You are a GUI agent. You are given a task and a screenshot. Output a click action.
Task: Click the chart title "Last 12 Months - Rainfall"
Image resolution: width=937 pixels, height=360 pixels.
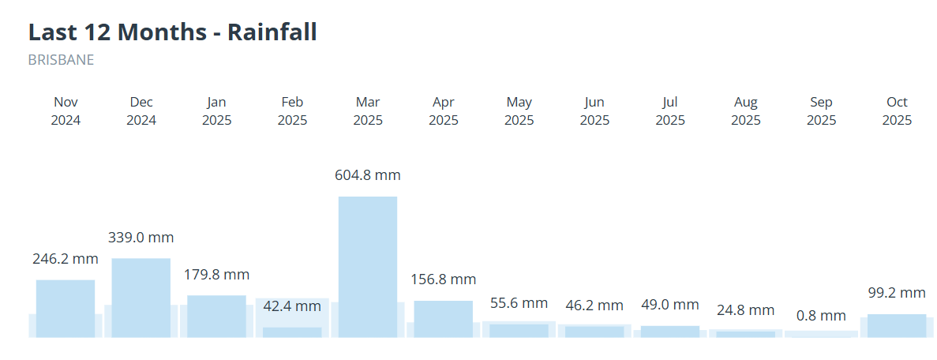172,32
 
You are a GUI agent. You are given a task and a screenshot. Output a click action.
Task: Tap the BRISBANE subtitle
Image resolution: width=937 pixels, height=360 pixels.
61,60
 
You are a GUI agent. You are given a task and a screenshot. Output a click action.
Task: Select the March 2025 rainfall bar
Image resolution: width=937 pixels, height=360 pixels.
368,266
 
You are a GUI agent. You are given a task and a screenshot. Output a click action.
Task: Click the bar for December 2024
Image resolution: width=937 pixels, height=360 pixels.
141,297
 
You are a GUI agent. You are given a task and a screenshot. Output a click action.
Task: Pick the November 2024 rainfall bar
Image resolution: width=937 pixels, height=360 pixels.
66,308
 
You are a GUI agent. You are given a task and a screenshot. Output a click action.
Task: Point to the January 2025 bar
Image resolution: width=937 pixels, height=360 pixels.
216,316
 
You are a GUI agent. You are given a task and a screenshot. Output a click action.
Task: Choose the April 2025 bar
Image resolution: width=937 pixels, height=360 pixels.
444,318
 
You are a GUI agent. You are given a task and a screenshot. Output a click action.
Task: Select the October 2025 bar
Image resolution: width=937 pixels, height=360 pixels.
897,325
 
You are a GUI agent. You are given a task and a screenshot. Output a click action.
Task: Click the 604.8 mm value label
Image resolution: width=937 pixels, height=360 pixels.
368,175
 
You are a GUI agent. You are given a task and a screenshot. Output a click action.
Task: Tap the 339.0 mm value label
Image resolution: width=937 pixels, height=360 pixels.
141,238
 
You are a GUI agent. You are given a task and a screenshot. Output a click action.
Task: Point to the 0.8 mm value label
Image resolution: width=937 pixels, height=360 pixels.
821,316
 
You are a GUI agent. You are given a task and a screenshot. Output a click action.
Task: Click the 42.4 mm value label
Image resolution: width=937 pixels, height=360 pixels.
292,306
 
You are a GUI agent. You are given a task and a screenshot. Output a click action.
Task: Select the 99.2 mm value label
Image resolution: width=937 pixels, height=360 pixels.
897,293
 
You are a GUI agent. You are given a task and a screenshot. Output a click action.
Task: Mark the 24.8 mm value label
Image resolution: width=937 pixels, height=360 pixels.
746,310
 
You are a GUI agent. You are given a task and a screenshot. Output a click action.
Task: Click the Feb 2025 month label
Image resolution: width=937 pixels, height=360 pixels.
292,111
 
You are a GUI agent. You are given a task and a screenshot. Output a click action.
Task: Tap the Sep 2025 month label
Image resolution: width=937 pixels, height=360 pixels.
821,111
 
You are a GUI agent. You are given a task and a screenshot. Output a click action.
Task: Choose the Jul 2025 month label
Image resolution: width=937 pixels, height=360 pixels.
670,111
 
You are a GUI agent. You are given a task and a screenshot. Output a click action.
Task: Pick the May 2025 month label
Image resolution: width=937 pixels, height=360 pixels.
519,111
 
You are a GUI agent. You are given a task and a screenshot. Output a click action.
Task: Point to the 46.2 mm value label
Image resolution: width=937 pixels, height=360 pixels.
594,306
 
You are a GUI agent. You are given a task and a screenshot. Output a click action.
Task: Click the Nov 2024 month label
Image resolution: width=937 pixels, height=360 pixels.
66,111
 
